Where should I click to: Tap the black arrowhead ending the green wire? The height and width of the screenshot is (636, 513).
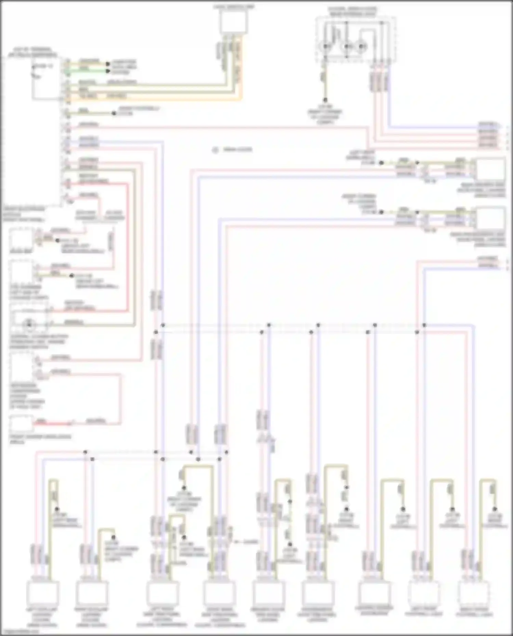coord(108,71)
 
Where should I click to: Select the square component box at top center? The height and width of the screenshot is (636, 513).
coord(233,22)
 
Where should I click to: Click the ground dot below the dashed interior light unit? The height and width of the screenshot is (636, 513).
coord(325,100)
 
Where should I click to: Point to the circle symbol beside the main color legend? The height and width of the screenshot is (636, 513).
coord(215,150)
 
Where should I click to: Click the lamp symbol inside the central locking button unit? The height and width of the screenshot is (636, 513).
coord(29,323)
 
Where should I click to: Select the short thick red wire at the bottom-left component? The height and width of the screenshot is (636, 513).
coord(41,423)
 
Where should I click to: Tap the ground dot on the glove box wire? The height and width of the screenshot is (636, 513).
coord(57,241)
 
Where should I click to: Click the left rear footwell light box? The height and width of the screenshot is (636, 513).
coord(424,594)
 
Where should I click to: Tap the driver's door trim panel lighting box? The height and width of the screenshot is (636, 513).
coord(268,594)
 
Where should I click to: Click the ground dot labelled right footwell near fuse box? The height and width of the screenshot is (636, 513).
coord(114,113)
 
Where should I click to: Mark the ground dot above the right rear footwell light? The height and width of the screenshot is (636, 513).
coord(495,509)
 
